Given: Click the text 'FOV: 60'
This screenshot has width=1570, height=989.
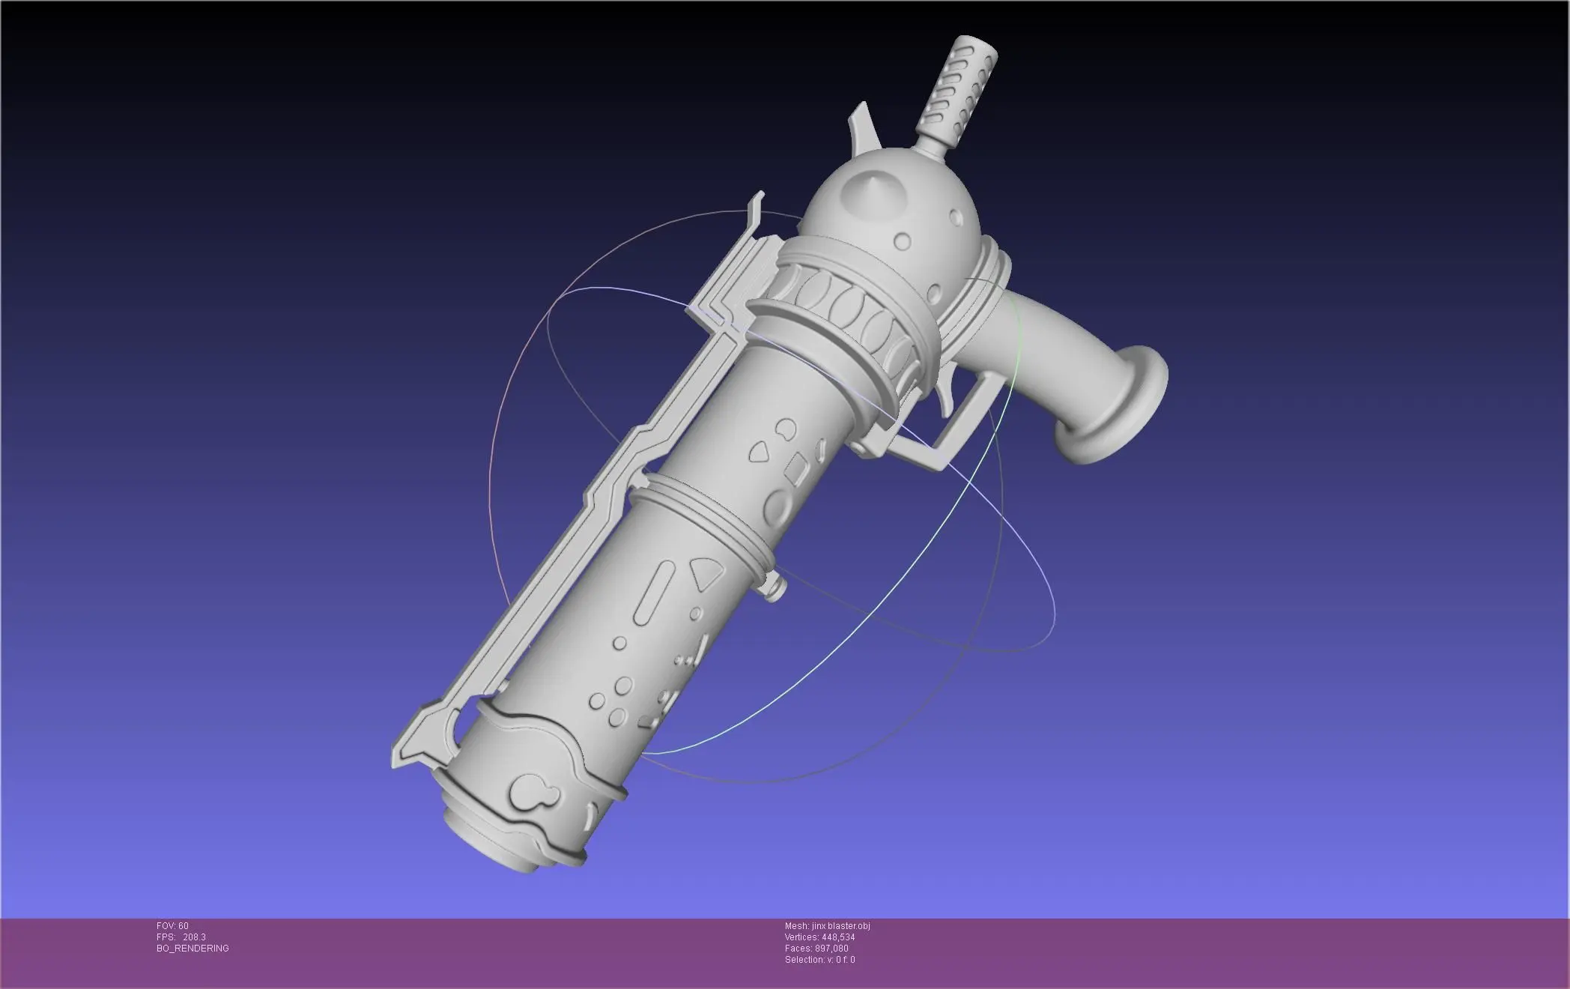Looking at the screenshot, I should [x=172, y=926].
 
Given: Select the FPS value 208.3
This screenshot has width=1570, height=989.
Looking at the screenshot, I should [x=194, y=937].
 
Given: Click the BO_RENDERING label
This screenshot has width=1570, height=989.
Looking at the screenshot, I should [x=193, y=949].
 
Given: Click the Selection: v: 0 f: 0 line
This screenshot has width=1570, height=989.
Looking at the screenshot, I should [x=819, y=960].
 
